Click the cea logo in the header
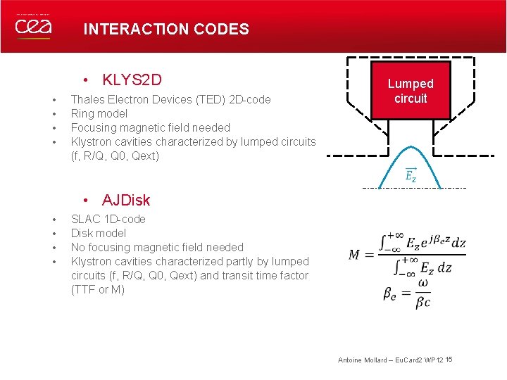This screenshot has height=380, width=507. coord(32,26)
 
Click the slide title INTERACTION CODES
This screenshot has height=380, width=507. coord(166,29)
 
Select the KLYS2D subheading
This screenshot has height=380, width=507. coord(132,79)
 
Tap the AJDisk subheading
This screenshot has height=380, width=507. coord(126,201)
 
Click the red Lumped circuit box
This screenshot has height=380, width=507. coord(411,91)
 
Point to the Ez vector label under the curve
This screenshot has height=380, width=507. coord(411,176)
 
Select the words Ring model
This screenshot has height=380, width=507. coord(99,113)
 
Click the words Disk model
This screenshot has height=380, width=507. coord(99,233)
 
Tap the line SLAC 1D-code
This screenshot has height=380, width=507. coord(108,219)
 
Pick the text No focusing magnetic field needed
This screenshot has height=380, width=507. coord(157,247)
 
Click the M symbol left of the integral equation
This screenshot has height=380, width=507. coord(356,255)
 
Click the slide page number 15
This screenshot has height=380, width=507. coord(449,360)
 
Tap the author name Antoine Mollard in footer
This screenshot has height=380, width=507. coord(361,360)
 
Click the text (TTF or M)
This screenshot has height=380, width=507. coord(98,289)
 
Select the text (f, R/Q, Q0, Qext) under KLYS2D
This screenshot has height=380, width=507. coord(115,156)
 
